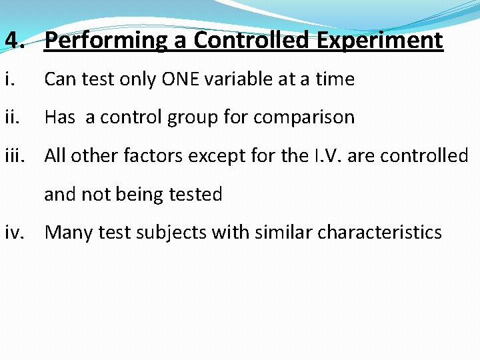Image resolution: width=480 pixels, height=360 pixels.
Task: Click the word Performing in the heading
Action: click(x=106, y=41)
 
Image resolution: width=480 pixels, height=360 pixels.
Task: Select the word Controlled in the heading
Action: click(x=252, y=41)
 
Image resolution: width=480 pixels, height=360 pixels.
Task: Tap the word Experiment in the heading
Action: click(x=379, y=41)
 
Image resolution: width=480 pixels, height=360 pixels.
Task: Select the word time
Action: click(x=335, y=79)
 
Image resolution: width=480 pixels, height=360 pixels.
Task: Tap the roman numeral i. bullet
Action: click(x=9, y=79)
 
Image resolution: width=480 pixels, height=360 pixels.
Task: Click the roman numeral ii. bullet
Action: click(x=12, y=118)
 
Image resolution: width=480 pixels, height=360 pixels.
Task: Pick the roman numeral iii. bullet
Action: click(x=15, y=156)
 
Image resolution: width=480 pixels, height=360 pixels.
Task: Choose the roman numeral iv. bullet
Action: click(x=15, y=233)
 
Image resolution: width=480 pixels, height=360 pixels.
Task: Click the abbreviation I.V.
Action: click(x=326, y=156)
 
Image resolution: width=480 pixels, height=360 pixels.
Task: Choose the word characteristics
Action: click(x=379, y=233)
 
